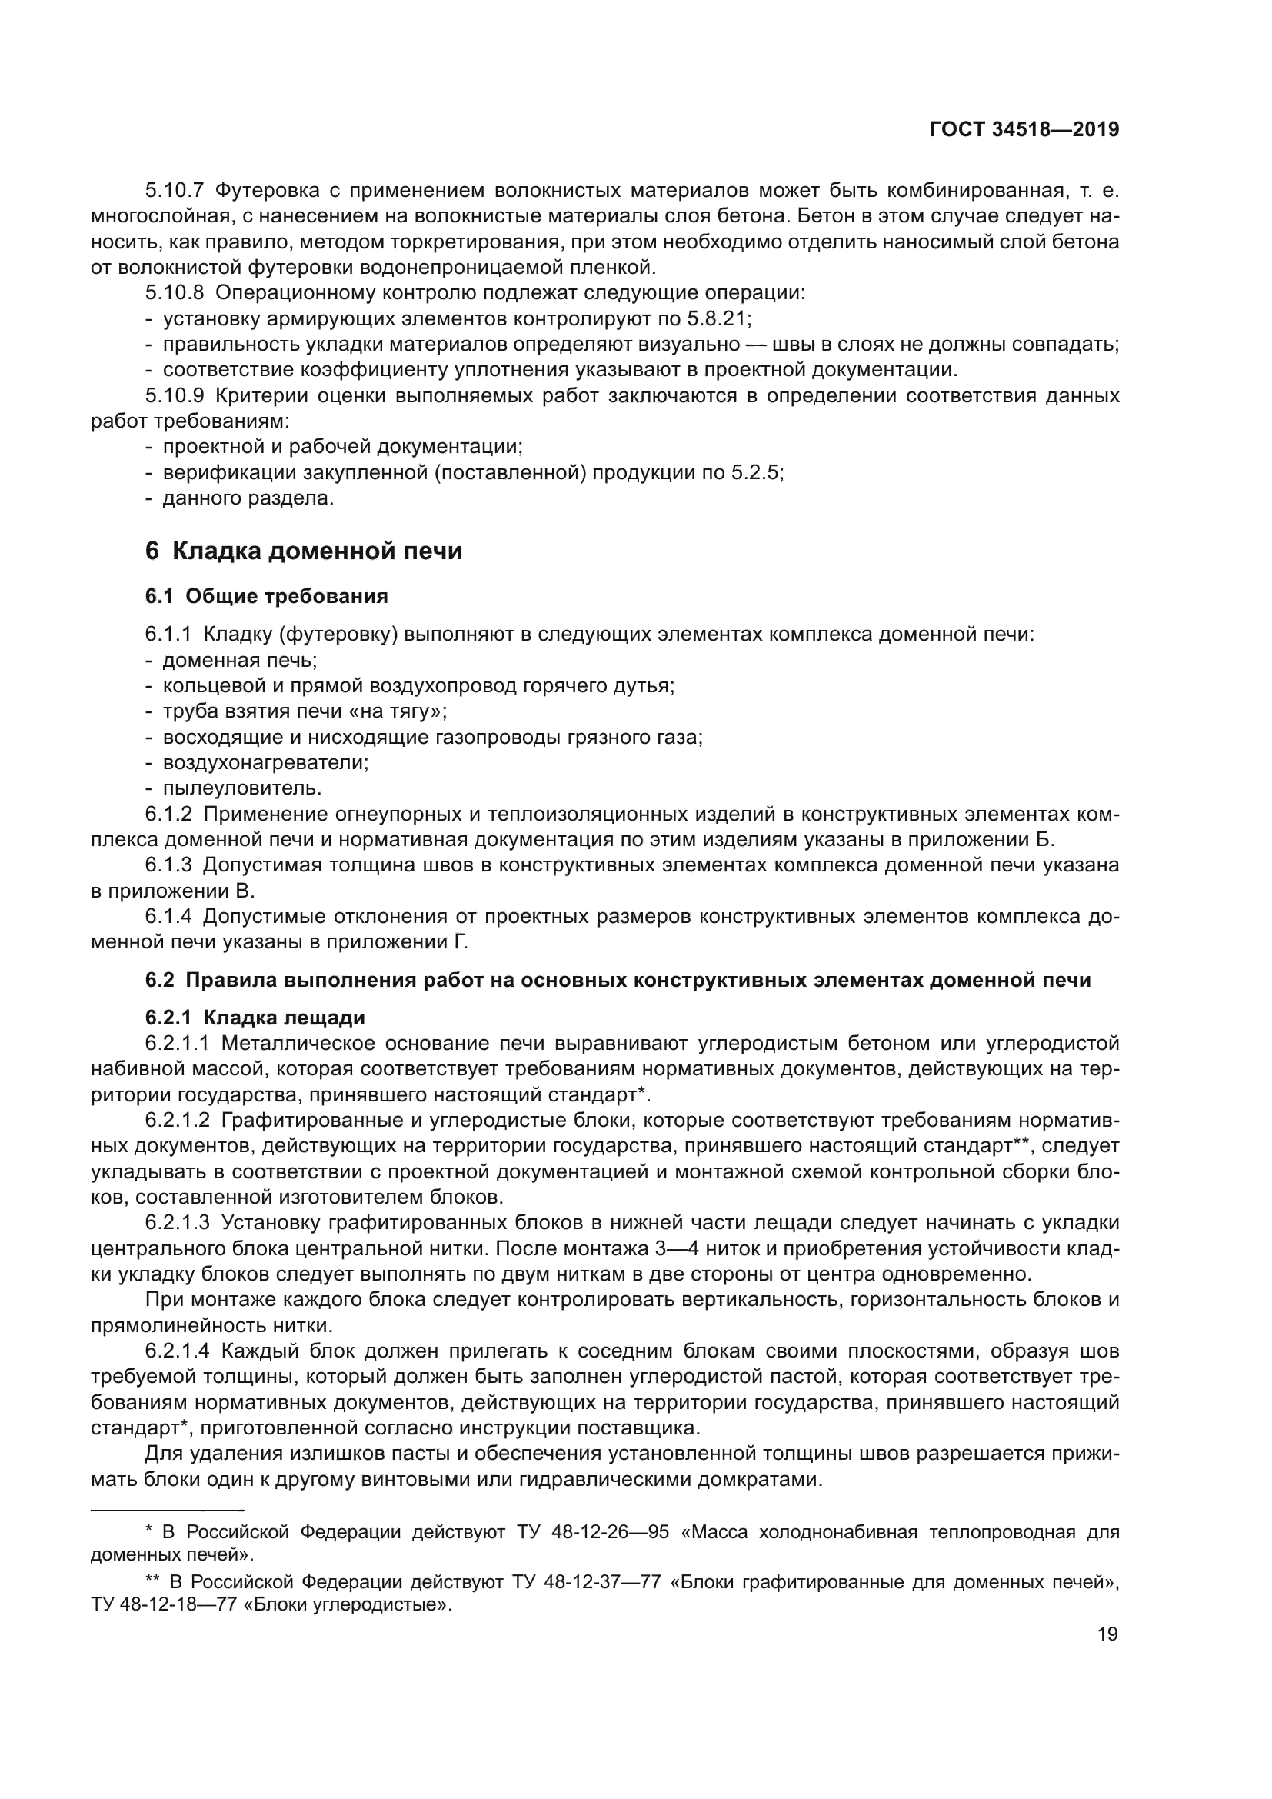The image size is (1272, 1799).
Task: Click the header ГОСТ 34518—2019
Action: tap(1024, 130)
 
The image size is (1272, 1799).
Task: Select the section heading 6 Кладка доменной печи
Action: tap(303, 551)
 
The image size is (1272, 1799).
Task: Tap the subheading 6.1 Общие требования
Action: tap(266, 597)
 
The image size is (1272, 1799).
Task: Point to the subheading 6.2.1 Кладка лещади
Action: tap(255, 1018)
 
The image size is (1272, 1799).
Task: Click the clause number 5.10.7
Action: tap(174, 191)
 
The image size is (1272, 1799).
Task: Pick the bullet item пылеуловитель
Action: tap(242, 788)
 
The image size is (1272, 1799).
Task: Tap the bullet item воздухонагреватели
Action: tap(265, 761)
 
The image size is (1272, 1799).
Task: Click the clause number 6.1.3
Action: tap(168, 865)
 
